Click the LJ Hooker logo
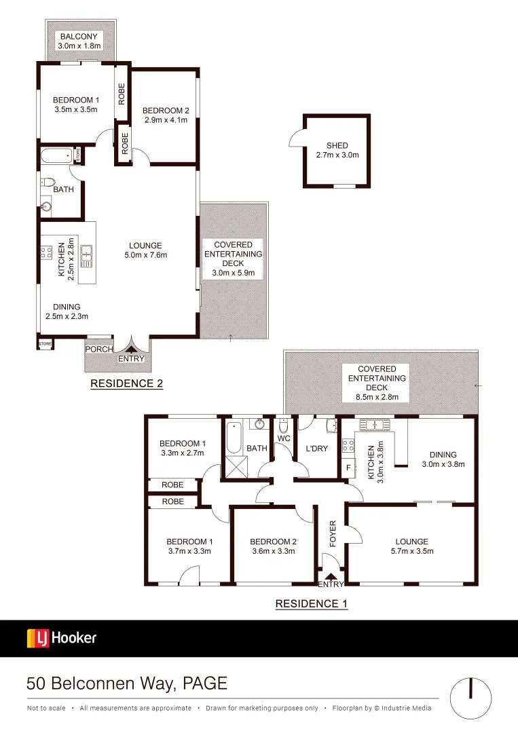[62, 638]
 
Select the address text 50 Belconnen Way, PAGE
[126, 683]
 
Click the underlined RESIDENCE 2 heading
[127, 383]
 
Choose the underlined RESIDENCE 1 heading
[311, 603]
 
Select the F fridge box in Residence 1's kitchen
[348, 468]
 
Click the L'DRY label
[316, 449]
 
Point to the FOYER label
[333, 533]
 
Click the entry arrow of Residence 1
[331, 576]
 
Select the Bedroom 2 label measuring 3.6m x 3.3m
[274, 546]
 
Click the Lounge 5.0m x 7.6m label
[146, 250]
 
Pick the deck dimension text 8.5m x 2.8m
[377, 397]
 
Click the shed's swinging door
[296, 138]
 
